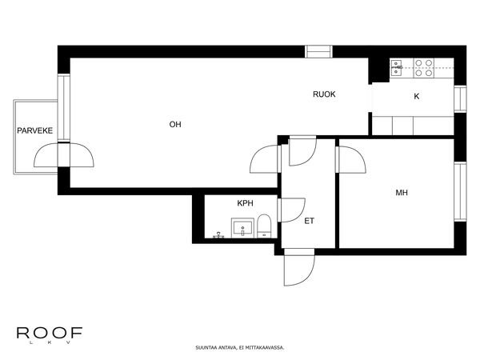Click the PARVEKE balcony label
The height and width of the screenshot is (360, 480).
(35, 130)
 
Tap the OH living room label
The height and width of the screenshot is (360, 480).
(175, 124)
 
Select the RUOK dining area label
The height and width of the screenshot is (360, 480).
(324, 94)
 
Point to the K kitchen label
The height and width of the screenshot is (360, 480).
(417, 97)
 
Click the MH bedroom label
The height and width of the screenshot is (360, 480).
(402, 193)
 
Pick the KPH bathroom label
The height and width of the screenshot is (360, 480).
(246, 203)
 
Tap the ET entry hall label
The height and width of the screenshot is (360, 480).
(309, 221)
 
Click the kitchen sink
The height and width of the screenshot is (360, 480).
(397, 68)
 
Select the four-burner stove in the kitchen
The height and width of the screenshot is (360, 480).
(424, 68)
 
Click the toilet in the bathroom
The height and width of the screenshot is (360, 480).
(264, 226)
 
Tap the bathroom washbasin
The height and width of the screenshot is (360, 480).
(242, 228)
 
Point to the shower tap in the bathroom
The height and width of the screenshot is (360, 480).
(218, 235)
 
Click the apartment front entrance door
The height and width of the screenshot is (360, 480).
(299, 267)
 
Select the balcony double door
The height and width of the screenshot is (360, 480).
(64, 155)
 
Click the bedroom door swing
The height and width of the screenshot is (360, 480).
(351, 160)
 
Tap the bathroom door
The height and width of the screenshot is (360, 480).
(291, 210)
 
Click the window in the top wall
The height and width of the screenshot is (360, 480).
(319, 52)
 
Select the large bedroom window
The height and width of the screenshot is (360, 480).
(460, 192)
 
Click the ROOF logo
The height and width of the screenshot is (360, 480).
(50, 335)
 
